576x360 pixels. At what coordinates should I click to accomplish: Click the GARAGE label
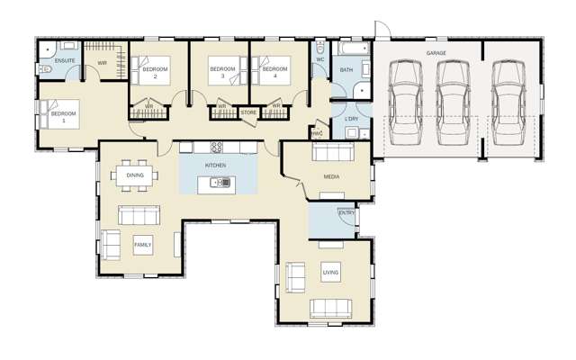[436, 54]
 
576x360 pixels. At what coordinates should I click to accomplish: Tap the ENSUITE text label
[65, 60]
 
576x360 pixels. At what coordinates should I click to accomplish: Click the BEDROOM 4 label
[274, 69]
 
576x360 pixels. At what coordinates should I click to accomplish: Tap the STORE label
[247, 112]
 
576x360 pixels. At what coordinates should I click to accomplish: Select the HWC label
[317, 133]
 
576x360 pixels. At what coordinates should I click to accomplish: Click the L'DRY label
[351, 119]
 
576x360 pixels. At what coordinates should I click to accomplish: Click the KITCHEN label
[215, 166]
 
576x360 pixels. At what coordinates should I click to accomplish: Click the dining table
[135, 175]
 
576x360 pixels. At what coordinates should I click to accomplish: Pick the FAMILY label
[142, 245]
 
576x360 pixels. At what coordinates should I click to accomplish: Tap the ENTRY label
[345, 212]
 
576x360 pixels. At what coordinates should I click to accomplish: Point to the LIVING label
[330, 271]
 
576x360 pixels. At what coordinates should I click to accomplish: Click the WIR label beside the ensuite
[103, 61]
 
